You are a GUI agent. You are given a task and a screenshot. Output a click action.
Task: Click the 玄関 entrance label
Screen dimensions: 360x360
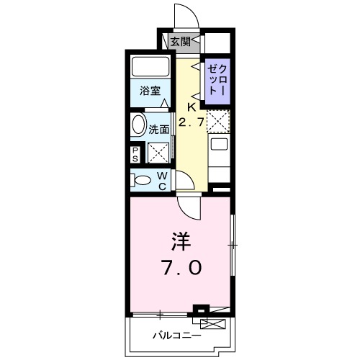[181, 42]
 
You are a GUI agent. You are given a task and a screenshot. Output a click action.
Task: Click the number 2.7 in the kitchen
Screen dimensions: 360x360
[192, 123]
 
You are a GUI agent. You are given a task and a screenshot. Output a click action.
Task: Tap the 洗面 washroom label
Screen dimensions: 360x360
[159, 130]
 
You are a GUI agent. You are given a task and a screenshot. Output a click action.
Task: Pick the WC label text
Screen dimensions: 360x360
[162, 181]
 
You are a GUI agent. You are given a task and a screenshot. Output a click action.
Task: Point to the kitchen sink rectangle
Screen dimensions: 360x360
[218, 150]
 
